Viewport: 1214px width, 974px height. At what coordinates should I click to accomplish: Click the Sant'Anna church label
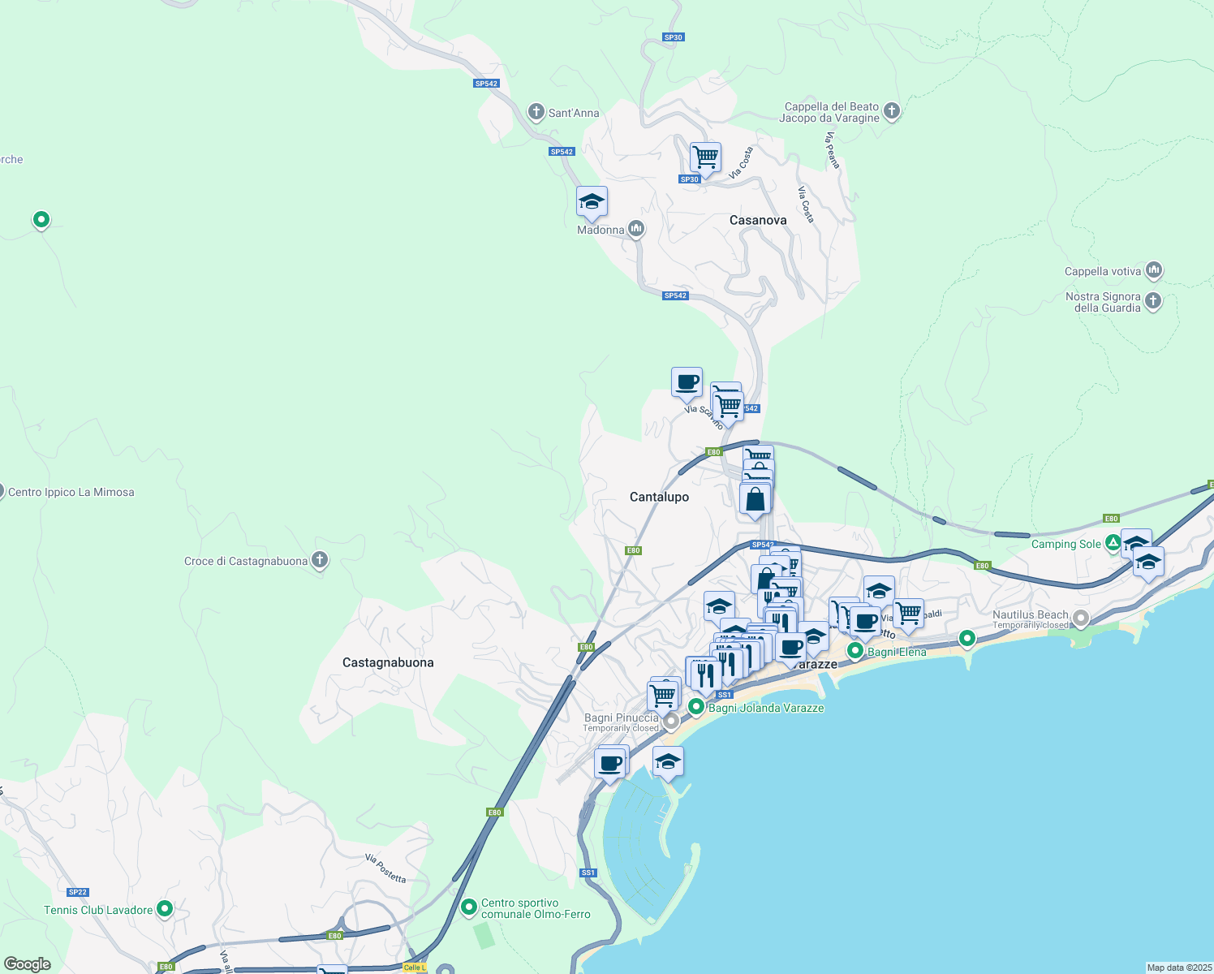573,113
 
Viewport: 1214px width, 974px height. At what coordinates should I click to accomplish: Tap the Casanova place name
757,220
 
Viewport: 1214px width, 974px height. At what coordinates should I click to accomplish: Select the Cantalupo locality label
659,497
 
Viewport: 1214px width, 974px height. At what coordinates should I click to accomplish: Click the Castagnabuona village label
388,662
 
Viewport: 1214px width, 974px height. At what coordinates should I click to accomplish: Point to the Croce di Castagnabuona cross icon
320,560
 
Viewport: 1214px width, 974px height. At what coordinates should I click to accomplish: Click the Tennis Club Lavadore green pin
165,908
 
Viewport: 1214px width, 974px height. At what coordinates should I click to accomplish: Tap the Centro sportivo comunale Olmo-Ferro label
536,908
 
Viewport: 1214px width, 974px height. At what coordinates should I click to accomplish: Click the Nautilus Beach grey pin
1080,618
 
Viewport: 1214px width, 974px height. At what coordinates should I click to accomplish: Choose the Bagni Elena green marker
855,651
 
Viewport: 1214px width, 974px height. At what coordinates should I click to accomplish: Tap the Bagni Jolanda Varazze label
766,708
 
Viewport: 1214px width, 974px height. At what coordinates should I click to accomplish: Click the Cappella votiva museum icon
1154,270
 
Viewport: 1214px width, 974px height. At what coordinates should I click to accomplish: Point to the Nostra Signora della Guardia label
1104,302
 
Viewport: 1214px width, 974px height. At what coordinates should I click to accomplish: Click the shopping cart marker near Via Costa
705,157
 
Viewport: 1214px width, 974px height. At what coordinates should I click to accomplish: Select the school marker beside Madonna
592,202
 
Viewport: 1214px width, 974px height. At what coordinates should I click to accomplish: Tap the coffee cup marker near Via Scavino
687,382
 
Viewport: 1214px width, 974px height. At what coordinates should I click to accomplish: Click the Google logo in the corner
28,963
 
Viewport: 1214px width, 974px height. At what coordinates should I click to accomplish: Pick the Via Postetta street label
385,868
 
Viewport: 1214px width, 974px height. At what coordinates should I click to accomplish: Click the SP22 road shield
77,892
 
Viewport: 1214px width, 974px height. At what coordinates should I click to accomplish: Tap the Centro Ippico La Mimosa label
71,492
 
